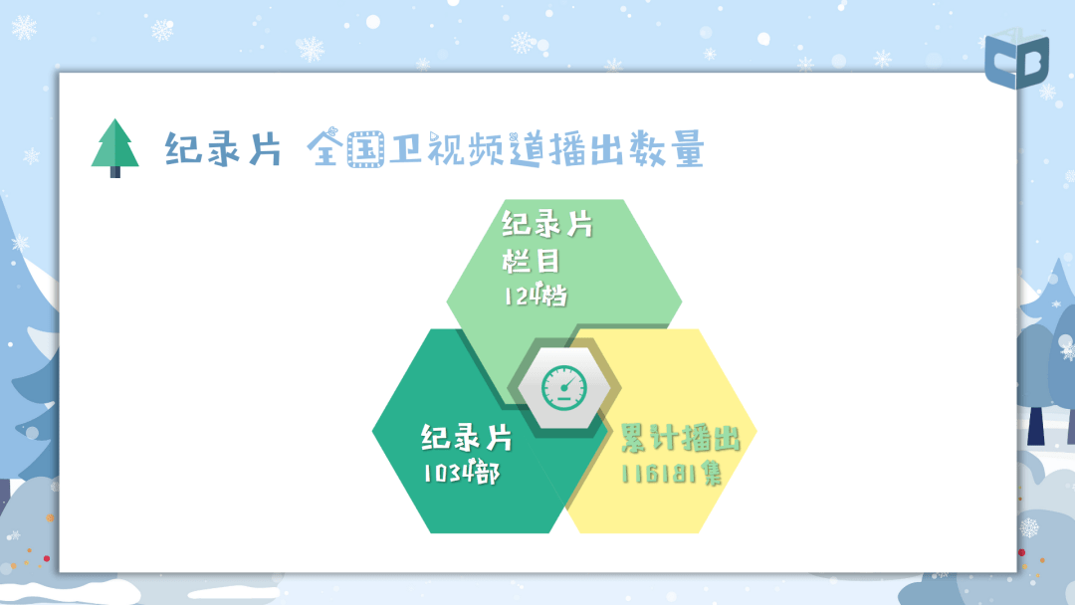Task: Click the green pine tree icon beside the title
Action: point(114,145)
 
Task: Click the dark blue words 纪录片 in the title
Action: point(223,148)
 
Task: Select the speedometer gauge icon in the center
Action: point(563,384)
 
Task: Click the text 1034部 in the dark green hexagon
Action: point(460,473)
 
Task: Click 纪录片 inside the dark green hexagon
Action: point(466,438)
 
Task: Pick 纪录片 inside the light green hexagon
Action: point(546,225)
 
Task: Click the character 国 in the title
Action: point(366,149)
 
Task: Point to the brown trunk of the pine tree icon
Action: point(114,172)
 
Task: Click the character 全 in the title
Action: point(325,148)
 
